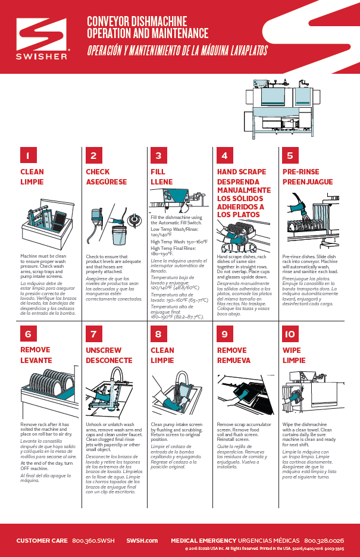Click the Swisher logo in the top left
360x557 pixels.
tap(42, 39)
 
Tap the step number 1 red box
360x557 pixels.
tap(28, 155)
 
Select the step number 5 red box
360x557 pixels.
tap(290, 155)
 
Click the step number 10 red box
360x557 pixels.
tap(290, 334)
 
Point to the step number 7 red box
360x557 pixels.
tap(93, 334)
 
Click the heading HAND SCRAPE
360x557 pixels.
tap(242, 172)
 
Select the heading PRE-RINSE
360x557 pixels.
tap(300, 172)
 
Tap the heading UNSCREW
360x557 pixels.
tap(104, 351)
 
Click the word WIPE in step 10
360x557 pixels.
tap(292, 351)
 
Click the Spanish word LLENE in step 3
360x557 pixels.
tap(162, 182)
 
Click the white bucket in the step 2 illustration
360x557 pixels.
tap(118, 236)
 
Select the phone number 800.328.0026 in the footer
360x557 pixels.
tap(324, 540)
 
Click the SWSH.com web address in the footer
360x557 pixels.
tap(142, 540)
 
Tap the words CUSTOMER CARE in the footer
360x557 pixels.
tap(41, 540)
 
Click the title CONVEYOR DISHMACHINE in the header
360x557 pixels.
tap(137, 22)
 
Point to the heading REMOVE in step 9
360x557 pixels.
tap(231, 351)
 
